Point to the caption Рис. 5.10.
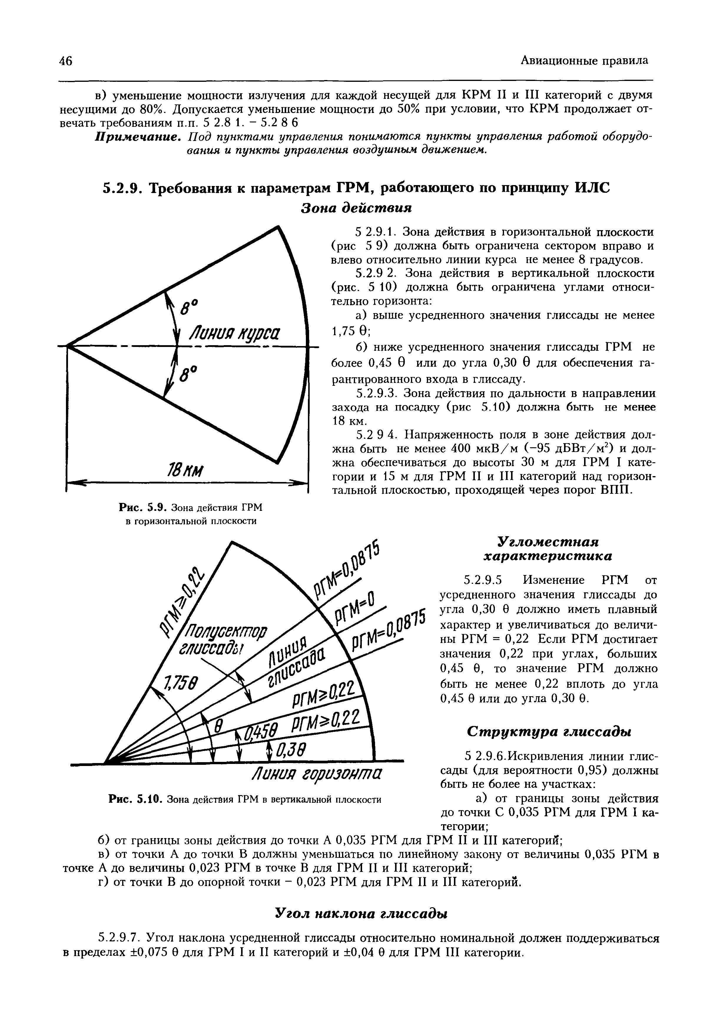135,800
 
